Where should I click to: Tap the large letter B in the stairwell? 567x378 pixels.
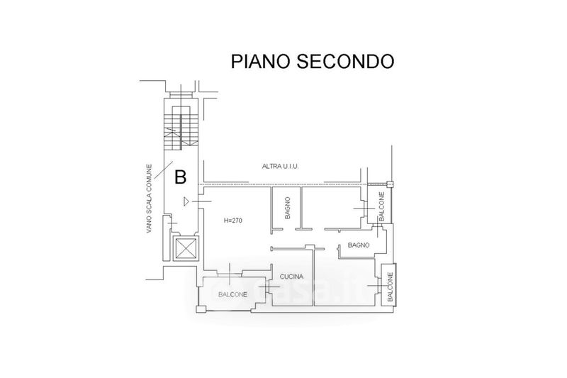coord(181,176)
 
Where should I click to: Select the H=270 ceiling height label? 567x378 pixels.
coord(233,221)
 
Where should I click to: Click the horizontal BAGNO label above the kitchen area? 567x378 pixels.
coord(359,245)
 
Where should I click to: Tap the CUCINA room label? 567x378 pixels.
coord(291,276)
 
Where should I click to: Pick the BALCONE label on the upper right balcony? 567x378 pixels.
coord(381,206)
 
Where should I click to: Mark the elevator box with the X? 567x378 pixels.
coord(186,249)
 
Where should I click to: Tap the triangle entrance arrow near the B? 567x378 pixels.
coord(186,202)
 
